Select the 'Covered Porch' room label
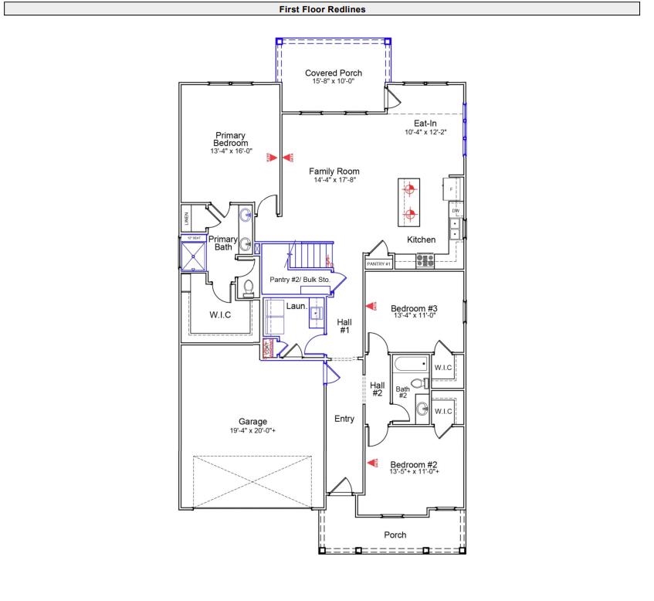333,73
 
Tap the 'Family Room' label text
334,171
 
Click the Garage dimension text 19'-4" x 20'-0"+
252,430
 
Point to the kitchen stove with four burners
425,260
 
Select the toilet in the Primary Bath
249,289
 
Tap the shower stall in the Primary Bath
193,254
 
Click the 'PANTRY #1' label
378,264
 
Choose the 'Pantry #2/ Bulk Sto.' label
300,279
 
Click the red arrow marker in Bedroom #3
371,307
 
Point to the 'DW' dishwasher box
456,211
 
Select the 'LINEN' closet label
186,219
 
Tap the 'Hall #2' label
377,389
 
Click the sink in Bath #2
422,409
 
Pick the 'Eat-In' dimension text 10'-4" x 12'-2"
425,132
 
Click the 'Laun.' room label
297,307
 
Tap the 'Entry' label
344,419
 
